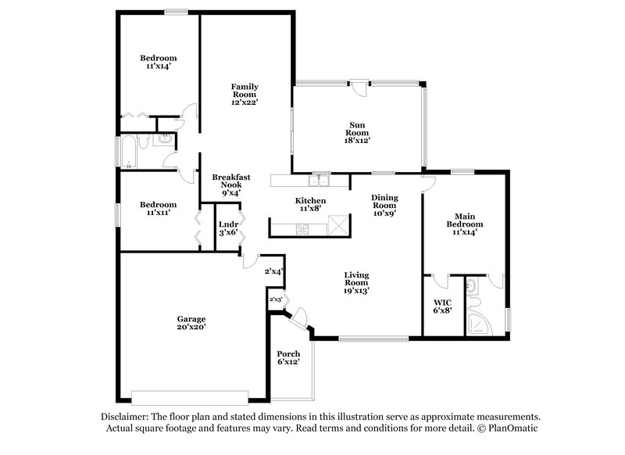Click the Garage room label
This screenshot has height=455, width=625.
(191, 319)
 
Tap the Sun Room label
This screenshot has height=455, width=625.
(357, 125)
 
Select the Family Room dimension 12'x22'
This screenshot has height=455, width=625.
(244, 102)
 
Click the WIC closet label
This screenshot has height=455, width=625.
(441, 302)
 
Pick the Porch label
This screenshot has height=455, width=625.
(288, 353)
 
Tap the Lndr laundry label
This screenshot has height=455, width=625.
(228, 224)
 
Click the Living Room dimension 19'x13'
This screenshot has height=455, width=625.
(356, 290)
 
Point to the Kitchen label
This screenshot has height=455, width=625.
(310, 200)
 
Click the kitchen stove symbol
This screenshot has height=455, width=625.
(302, 229)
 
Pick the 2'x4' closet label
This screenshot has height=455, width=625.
(273, 271)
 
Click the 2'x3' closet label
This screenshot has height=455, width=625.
(275, 299)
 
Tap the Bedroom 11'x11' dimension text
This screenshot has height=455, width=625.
(158, 212)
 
